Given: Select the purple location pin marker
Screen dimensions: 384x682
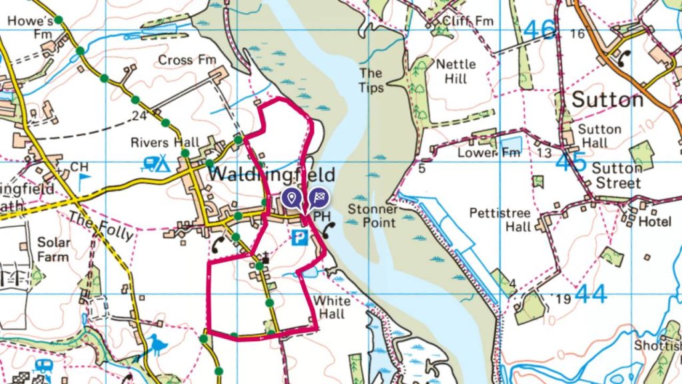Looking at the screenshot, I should pyautogui.click(x=290, y=197).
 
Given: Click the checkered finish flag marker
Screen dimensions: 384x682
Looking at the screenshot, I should pyautogui.click(x=318, y=197).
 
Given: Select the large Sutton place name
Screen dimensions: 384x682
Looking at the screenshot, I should pyautogui.click(x=608, y=99).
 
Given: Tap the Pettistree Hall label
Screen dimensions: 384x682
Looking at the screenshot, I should pyautogui.click(x=500, y=220).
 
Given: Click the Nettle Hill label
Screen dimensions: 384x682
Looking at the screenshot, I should pyautogui.click(x=456, y=71).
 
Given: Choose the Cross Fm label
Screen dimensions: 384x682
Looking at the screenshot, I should pyautogui.click(x=187, y=61).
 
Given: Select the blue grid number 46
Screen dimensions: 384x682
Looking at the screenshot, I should pyautogui.click(x=539, y=30).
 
